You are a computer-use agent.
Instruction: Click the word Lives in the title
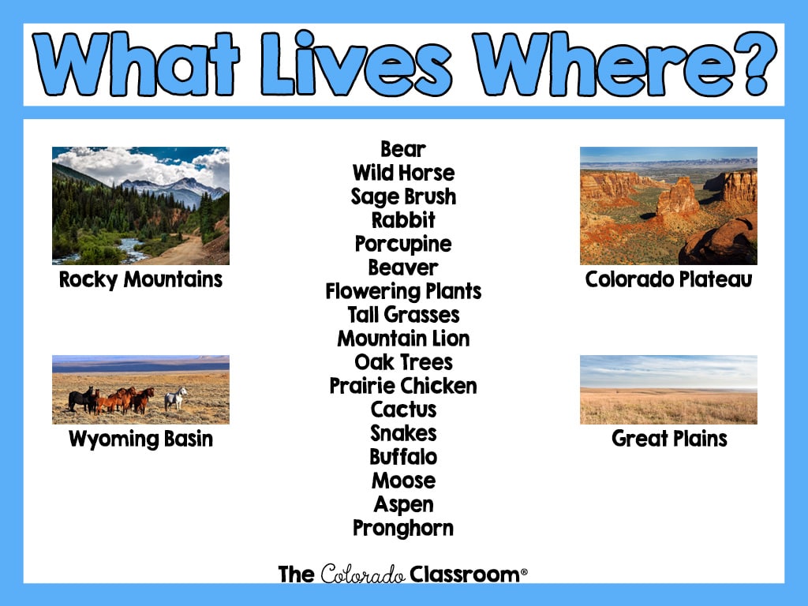[357, 63]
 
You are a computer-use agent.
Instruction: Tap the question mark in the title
[755, 63]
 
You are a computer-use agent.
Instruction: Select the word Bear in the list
[403, 149]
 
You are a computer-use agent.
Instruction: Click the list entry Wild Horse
[403, 173]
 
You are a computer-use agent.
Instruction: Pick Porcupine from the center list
[403, 245]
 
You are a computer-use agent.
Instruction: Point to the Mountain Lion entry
[403, 339]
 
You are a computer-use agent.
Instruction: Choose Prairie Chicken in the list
[403, 386]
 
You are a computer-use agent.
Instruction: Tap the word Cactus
[403, 410]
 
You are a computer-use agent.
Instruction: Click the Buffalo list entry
[403, 457]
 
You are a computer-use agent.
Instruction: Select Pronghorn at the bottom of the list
[403, 529]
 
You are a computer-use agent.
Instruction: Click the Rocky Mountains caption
[140, 280]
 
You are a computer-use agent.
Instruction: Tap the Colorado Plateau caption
[669, 279]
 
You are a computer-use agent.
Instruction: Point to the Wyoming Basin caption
[140, 440]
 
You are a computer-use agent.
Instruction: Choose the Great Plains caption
[669, 439]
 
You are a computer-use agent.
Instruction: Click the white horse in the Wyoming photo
[175, 398]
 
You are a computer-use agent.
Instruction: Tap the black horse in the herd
[81, 399]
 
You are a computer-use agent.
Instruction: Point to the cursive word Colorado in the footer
[363, 574]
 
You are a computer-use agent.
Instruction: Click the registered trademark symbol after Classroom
[524, 571]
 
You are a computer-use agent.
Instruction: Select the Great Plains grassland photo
[668, 390]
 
